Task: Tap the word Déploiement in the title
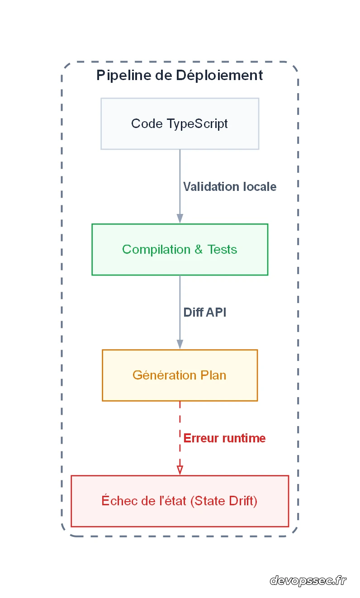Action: tap(219, 75)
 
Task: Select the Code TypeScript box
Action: tap(180, 123)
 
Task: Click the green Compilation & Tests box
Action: tap(180, 249)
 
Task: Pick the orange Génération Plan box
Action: tap(180, 375)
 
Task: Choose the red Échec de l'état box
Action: tap(180, 501)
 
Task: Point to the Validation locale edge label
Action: tap(229, 187)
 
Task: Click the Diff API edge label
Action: tap(205, 313)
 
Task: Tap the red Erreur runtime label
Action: tap(224, 438)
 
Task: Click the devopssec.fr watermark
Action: tap(308, 580)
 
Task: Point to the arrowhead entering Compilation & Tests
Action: tap(180, 218)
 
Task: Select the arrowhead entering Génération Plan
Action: tap(180, 344)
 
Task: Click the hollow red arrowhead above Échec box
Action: tap(180, 470)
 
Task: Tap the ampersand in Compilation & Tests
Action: tap(198, 249)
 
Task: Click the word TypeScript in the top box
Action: tap(197, 124)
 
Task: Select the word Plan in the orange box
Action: tap(213, 375)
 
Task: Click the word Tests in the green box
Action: tap(223, 249)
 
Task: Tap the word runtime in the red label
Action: tap(244, 438)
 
